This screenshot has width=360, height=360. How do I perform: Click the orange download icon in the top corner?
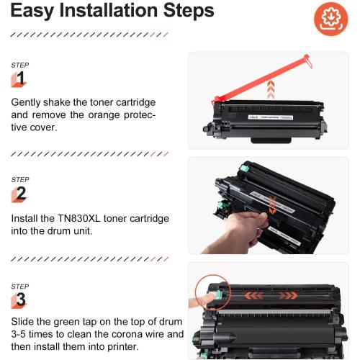[x=332, y=18]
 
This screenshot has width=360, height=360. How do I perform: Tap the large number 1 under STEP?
[x=20, y=78]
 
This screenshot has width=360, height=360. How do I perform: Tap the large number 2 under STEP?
[x=20, y=193]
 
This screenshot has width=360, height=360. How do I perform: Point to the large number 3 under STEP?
[x=20, y=299]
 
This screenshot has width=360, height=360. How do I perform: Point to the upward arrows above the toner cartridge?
[x=271, y=89]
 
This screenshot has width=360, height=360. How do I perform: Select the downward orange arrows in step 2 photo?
[x=272, y=207]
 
